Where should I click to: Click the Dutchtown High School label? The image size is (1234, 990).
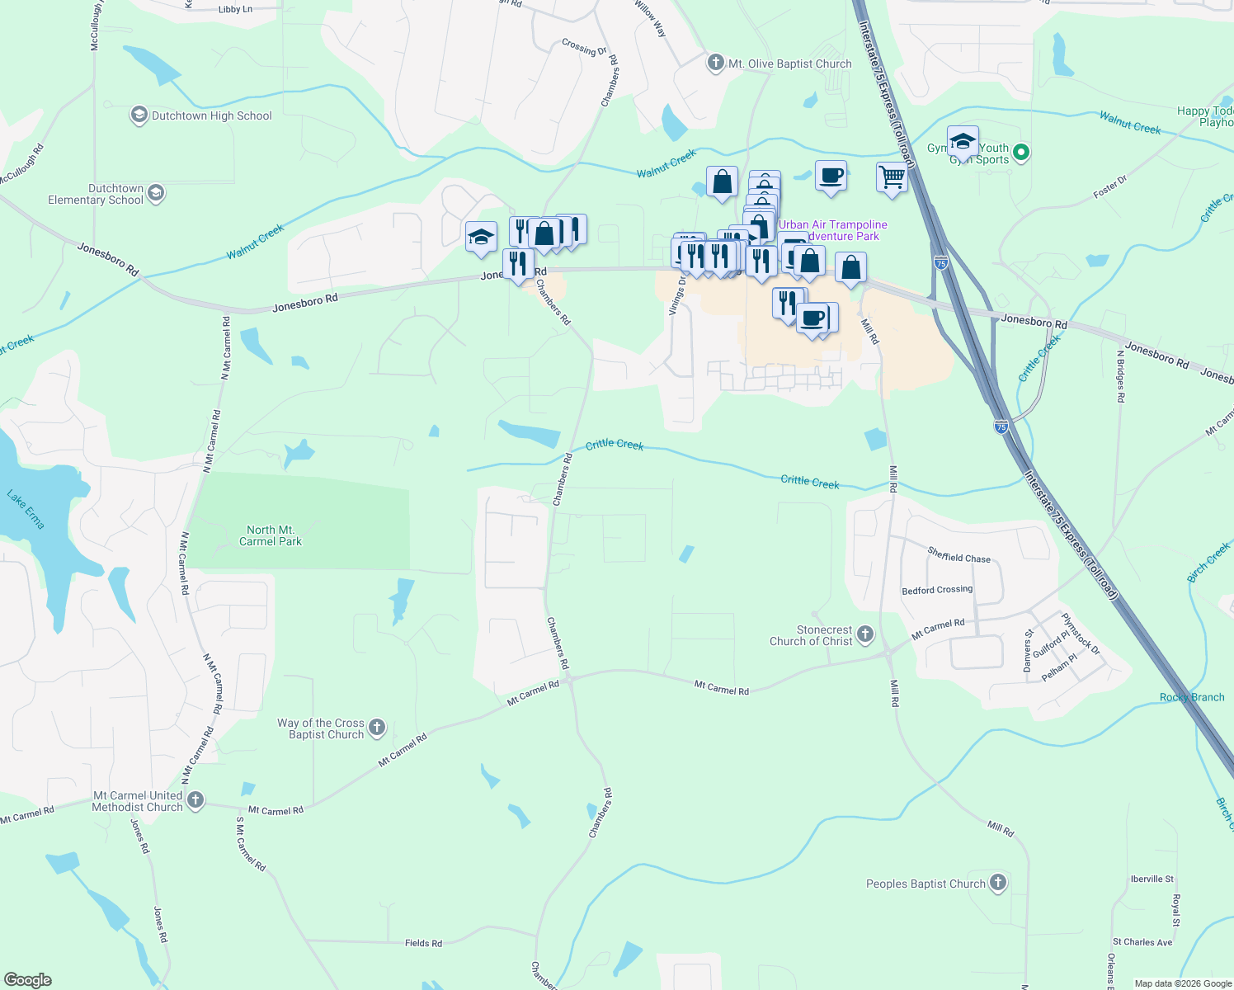211,116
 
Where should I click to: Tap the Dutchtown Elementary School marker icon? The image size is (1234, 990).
156,194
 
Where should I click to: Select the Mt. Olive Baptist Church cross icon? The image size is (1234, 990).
715,63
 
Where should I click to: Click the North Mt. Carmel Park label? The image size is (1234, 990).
271,535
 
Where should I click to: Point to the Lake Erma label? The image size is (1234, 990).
26,509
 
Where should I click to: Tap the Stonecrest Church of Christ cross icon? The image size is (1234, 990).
864,634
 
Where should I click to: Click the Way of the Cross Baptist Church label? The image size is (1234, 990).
322,728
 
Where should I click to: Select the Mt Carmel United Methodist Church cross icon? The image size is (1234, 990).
195,799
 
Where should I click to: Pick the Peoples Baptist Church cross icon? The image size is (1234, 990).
997,883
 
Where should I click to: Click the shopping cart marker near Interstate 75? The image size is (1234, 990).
892,177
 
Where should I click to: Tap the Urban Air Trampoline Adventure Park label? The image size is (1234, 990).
833,230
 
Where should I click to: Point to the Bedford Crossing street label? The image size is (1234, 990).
937,590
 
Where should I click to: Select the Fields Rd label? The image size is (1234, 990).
423,943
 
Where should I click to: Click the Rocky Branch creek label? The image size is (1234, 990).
1192,697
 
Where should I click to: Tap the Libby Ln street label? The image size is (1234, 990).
235,10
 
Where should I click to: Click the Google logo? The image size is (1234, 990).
28,980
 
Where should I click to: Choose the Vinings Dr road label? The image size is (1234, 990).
677,295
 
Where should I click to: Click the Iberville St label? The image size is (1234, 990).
1152,879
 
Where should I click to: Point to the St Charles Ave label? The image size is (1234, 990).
1142,942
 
